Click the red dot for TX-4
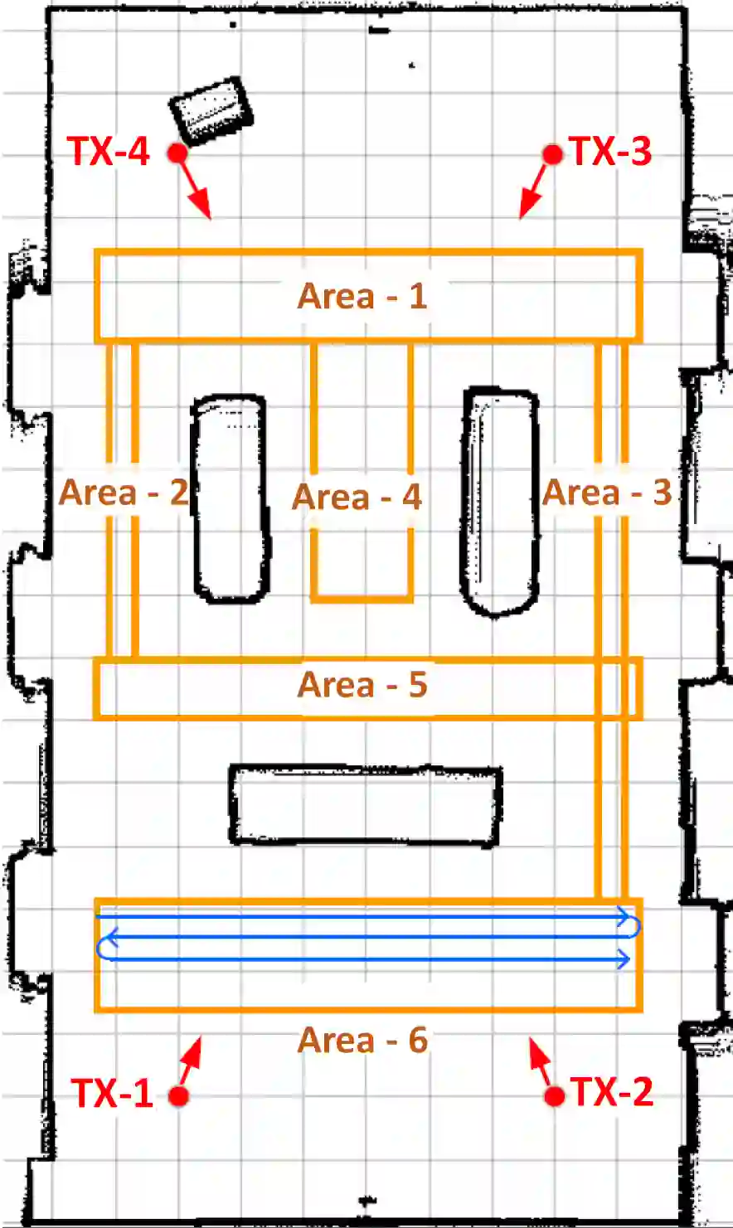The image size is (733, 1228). pos(177,153)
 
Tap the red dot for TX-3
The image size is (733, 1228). pos(552,154)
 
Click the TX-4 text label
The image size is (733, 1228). pos(108,151)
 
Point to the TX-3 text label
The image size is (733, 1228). pos(610,151)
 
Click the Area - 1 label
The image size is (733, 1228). pos(362,296)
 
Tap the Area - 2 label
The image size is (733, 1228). pos(124,492)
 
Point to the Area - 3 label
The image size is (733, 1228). pos(607,492)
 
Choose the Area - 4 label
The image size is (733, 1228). pos(357,497)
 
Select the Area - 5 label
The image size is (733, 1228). pos(362,684)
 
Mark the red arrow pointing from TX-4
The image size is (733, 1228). pos(194,187)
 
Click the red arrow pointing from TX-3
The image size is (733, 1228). pos(536,187)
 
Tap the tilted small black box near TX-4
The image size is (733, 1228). pos(211,112)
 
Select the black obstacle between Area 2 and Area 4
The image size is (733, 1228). pos(231,498)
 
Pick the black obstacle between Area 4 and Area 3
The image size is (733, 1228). pos(499,501)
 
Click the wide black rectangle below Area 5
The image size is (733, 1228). pos(365,805)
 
